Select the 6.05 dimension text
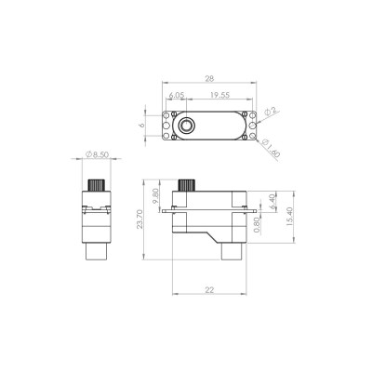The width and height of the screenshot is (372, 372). coord(175,95)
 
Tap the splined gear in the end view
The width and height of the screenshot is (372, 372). coord(95,181)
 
